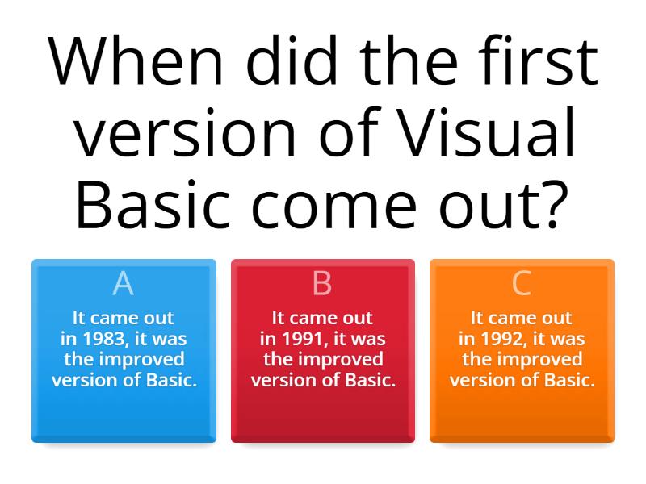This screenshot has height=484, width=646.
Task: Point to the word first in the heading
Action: click(532, 62)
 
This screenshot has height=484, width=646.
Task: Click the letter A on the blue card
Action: click(123, 284)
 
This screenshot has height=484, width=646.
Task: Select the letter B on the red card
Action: click(322, 284)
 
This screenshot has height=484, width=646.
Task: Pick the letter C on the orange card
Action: click(522, 284)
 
